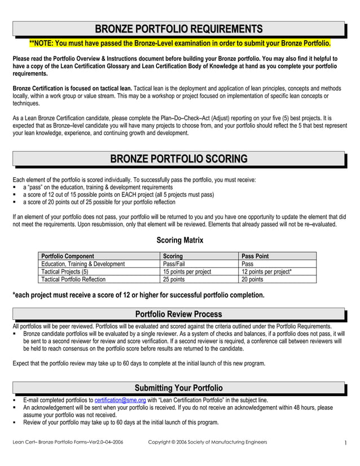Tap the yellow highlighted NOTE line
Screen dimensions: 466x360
(x=179, y=43)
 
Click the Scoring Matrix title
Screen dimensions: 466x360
(x=179, y=240)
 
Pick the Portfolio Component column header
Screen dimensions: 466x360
(x=68, y=256)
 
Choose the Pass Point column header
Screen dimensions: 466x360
(x=255, y=256)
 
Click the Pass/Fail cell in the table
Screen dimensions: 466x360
(x=174, y=264)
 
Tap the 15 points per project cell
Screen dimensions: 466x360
(x=187, y=272)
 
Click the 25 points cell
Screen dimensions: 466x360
(x=174, y=280)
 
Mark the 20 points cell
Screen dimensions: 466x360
(x=252, y=280)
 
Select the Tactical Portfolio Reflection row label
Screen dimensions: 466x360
(x=74, y=280)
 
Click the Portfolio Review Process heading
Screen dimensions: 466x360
(x=178, y=314)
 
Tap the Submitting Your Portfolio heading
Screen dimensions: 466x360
(x=178, y=388)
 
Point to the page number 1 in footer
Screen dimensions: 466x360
(x=345, y=443)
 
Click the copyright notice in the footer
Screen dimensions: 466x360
(x=208, y=442)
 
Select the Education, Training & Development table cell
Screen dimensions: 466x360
(x=84, y=264)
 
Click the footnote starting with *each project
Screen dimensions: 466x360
(x=138, y=295)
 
